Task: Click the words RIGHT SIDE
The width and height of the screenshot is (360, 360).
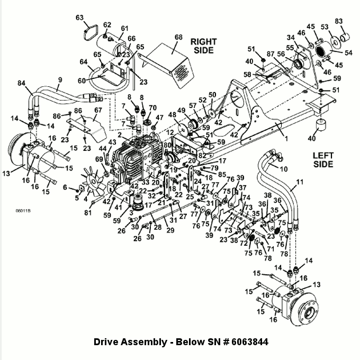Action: [204, 46]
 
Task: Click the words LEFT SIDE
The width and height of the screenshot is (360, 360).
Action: [323, 160]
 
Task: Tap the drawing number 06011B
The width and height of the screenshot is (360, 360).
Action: [23, 211]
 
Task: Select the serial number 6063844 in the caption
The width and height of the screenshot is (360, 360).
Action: [250, 342]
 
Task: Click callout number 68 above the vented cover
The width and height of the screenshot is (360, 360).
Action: [178, 37]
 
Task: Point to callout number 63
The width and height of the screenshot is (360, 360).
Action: [79, 17]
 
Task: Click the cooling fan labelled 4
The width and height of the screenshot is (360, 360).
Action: [93, 182]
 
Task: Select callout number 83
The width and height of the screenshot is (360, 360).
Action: [339, 21]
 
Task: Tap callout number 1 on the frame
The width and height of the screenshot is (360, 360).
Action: [286, 139]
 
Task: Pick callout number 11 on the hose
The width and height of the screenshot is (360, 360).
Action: [300, 182]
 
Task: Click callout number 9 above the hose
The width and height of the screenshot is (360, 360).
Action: [60, 80]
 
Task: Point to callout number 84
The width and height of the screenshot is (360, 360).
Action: [21, 83]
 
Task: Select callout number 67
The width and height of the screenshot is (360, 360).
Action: [98, 110]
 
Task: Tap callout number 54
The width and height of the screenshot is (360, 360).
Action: [348, 52]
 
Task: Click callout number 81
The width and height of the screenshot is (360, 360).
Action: [88, 213]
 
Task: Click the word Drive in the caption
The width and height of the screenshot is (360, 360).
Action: [106, 342]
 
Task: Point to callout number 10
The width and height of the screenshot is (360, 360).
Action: [284, 169]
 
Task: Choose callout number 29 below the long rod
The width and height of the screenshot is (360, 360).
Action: [170, 230]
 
